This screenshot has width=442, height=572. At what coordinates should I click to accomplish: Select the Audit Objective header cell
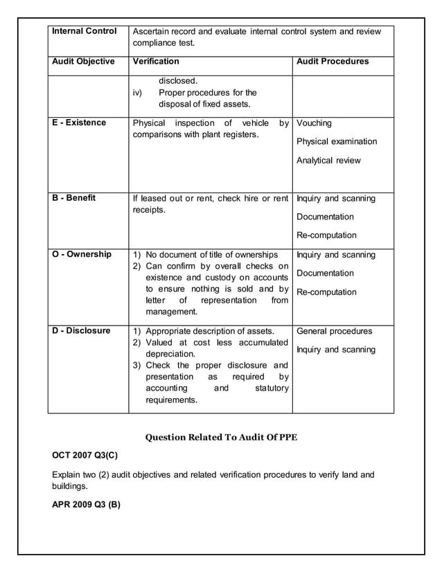tap(83, 62)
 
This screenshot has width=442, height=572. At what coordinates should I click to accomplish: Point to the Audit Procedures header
tap(333, 62)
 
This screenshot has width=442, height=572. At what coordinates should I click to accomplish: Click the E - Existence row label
tap(80, 123)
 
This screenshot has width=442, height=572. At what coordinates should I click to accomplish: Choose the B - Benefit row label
tap(74, 198)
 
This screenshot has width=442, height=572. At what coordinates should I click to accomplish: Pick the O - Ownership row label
tap(82, 254)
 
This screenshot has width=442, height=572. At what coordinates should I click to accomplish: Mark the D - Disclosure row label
tap(82, 330)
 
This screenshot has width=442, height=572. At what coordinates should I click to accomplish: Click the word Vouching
tap(314, 123)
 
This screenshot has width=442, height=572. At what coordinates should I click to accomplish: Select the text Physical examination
tap(337, 142)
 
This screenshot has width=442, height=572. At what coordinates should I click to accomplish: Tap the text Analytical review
tap(328, 161)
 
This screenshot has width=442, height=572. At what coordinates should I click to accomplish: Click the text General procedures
tap(334, 331)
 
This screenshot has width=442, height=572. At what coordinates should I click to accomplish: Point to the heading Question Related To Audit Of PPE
tap(220, 437)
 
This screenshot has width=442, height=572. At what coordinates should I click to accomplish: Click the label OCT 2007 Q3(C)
tap(86, 456)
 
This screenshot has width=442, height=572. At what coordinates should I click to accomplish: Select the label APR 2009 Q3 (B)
tap(87, 504)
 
